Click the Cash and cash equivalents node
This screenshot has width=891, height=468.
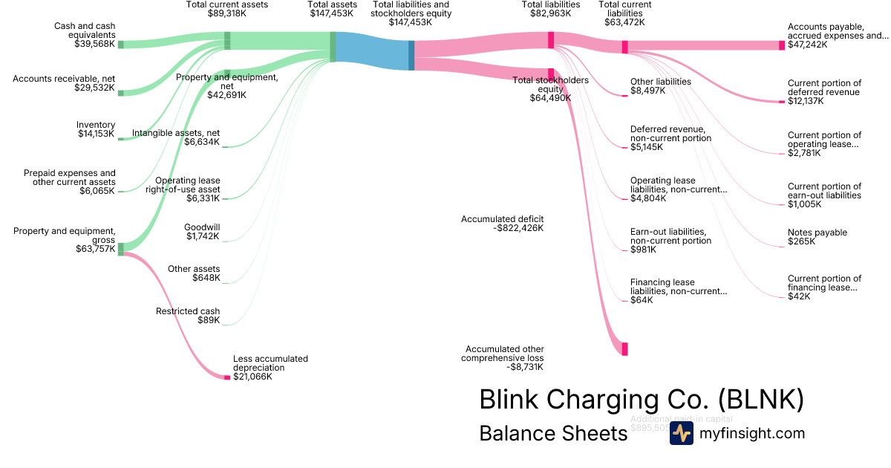pos(121,45)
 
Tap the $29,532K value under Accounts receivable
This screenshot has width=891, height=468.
pos(95,88)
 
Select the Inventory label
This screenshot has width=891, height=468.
pos(96,125)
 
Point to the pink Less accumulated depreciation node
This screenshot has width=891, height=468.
pos(227,377)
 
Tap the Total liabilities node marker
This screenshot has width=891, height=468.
pos(551,40)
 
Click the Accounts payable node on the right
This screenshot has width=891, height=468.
pos(781,45)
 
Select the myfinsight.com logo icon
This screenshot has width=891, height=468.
pos(681,434)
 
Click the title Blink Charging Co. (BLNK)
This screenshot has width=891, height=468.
pos(642,400)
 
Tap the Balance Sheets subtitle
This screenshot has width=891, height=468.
pos(553,434)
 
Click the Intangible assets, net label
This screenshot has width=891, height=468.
pos(176,134)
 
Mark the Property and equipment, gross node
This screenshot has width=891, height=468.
pos(121,247)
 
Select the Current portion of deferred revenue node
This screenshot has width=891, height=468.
pos(781,101)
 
